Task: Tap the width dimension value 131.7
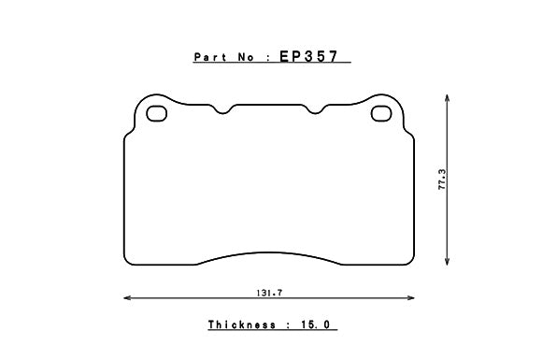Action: click(x=270, y=293)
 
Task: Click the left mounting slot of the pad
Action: click(x=156, y=114)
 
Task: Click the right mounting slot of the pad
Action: click(x=382, y=114)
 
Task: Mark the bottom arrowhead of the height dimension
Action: click(x=450, y=265)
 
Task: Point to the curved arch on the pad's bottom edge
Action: click(x=270, y=252)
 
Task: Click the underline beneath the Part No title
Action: click(x=271, y=64)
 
